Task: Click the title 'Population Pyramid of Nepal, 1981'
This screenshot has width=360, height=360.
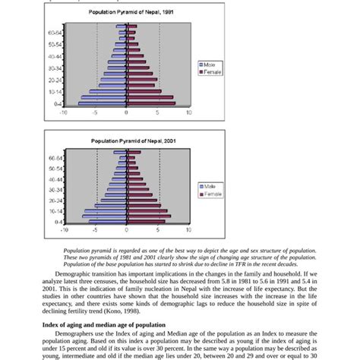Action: tap(126, 13)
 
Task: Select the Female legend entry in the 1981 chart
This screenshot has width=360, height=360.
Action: tap(212, 72)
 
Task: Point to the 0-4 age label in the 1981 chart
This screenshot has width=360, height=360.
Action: tap(58, 103)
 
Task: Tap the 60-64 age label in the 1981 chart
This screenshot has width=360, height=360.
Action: tap(55, 33)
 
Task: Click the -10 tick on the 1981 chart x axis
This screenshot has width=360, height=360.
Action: tap(64, 112)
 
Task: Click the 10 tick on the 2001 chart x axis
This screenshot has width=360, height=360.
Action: tap(188, 228)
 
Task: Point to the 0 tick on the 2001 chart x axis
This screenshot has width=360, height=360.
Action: tap(126, 228)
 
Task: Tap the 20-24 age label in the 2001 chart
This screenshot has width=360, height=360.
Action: tap(55, 201)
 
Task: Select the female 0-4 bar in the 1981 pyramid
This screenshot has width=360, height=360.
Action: tap(151, 103)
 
